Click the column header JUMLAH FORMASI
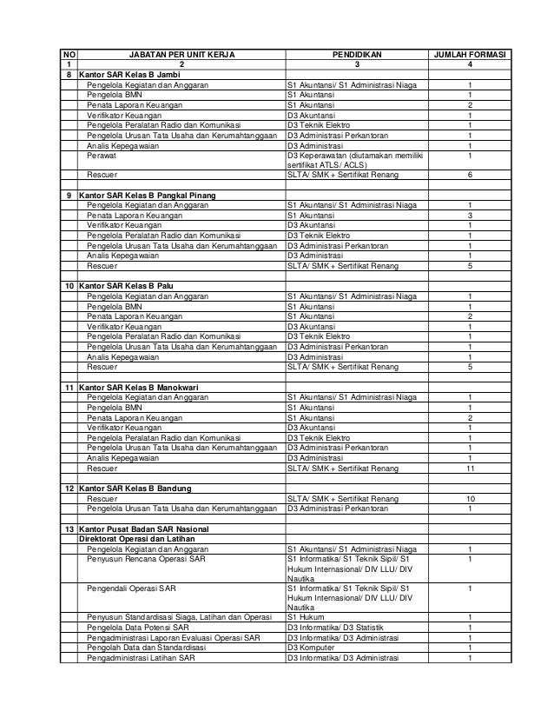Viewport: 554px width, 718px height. coord(470,54)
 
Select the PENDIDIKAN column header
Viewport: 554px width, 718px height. coord(356,54)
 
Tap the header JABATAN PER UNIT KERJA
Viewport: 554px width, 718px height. coord(182,54)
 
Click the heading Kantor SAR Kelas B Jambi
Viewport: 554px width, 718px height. coord(130,76)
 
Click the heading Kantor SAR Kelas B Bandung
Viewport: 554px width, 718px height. coord(135,489)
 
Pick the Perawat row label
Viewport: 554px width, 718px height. coord(102,156)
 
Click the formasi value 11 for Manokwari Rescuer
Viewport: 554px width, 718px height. coord(470,469)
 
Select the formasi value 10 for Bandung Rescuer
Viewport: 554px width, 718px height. coord(470,499)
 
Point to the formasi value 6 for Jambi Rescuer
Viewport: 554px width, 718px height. coord(470,175)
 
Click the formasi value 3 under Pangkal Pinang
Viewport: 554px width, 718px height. coord(470,215)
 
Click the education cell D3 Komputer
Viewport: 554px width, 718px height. coord(311,648)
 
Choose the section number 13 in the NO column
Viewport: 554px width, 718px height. coord(69,529)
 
